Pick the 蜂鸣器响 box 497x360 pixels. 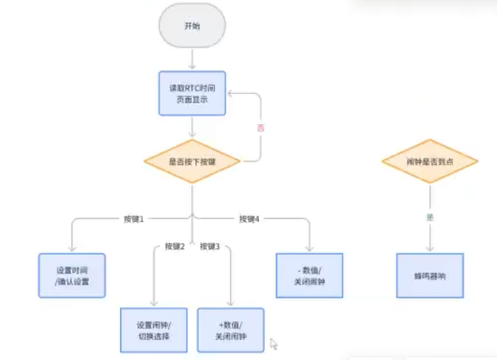coord(430,275)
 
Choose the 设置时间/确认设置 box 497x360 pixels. coord(72,275)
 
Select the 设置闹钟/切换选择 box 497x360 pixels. coord(154,329)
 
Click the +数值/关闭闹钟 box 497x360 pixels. coord(231,329)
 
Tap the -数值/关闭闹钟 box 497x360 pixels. coord(309,275)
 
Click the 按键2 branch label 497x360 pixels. coord(175,245)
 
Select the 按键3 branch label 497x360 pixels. coord(209,245)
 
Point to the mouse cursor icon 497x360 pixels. coord(274,344)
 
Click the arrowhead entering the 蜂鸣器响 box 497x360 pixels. coord(430,249)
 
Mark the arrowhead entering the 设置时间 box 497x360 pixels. coord(72,249)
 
